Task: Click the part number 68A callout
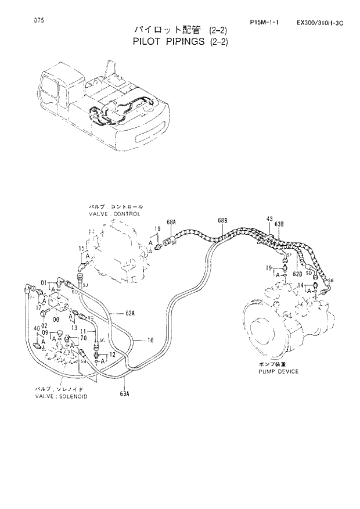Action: click(x=171, y=222)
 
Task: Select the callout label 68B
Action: click(x=222, y=221)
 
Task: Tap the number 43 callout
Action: click(x=269, y=218)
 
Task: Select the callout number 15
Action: click(x=82, y=248)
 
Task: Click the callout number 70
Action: click(x=83, y=338)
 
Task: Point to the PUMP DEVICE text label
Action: click(x=279, y=371)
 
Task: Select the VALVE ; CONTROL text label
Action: click(x=115, y=213)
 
